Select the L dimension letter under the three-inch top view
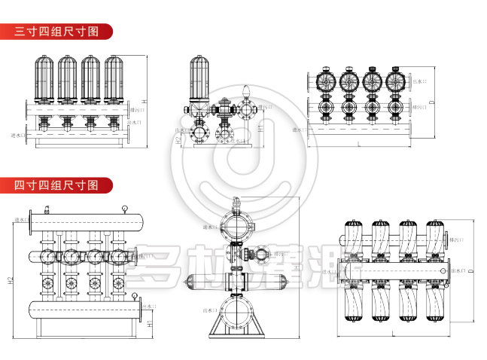pos(360,143)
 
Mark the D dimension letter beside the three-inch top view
pos(431,102)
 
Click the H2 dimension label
pos(11,282)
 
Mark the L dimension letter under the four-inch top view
pos(391,332)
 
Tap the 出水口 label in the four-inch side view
pos(209,310)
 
